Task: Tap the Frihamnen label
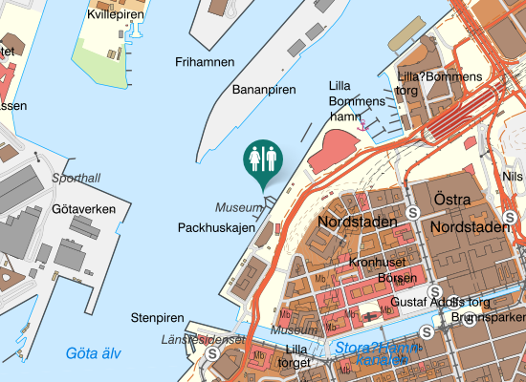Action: click(205, 62)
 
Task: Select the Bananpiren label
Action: click(264, 89)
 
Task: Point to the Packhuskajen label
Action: click(213, 228)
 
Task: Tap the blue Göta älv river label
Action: click(94, 353)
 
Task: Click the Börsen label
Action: click(397, 278)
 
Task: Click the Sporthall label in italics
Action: click(76, 179)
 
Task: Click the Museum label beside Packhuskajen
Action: click(238, 207)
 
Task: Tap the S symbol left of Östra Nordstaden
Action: click(412, 213)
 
